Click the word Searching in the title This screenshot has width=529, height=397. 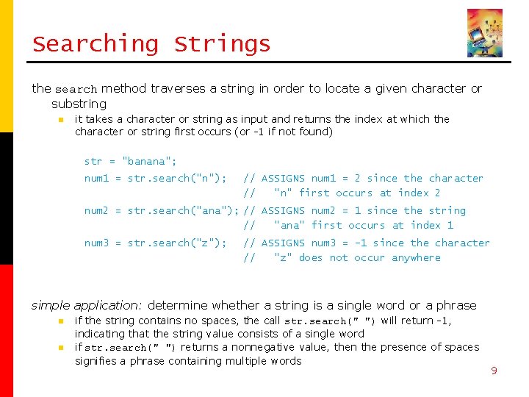(95, 44)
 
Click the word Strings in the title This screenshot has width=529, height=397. (222, 44)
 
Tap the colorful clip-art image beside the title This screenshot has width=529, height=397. (485, 33)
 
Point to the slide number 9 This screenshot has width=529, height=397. (494, 371)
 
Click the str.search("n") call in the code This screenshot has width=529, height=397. (176, 178)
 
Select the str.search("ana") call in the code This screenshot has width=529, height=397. (183, 210)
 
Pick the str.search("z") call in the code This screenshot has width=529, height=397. (176, 243)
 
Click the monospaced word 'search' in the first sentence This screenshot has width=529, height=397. (76, 89)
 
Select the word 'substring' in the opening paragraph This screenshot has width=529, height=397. (79, 104)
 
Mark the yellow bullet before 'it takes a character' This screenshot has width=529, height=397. (63, 119)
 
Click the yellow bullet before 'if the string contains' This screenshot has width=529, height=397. (63, 321)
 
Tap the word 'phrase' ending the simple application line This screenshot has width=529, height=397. (457, 305)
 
